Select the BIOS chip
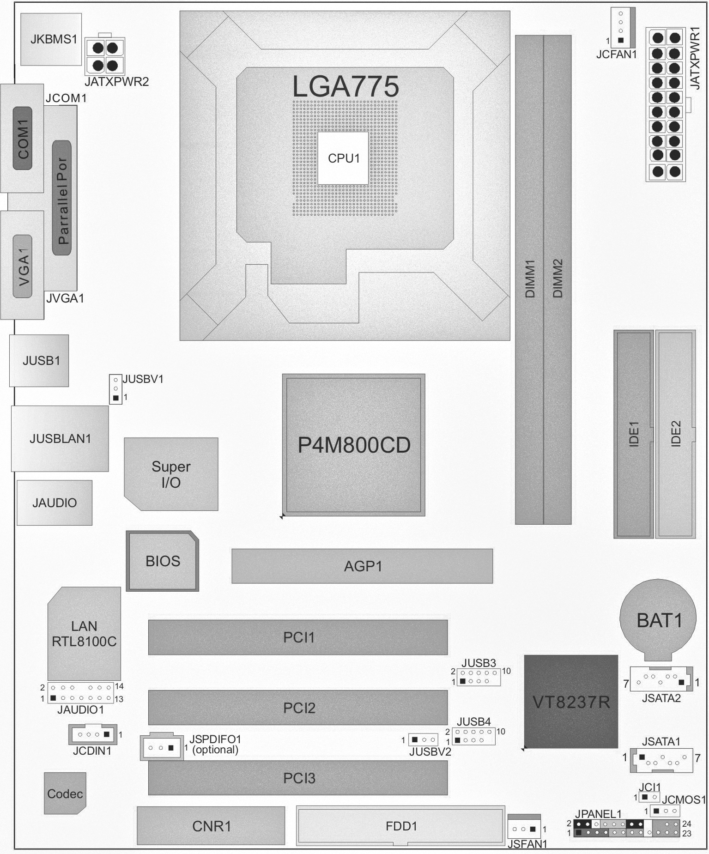coord(163,561)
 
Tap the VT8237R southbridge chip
coord(571,702)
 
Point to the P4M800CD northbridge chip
coord(354,445)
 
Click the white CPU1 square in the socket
coord(343,158)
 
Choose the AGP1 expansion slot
coord(362,566)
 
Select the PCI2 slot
coord(298,708)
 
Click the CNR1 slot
coord(211,826)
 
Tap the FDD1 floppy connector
coord(400,826)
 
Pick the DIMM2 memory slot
coord(558,280)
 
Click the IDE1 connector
coord(633,434)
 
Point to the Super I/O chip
coord(171,474)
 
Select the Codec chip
coord(65,793)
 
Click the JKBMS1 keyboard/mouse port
coord(51,39)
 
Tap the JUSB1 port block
coord(39,360)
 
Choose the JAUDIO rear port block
coord(55,503)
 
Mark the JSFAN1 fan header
coord(524,827)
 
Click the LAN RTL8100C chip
coord(84,634)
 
